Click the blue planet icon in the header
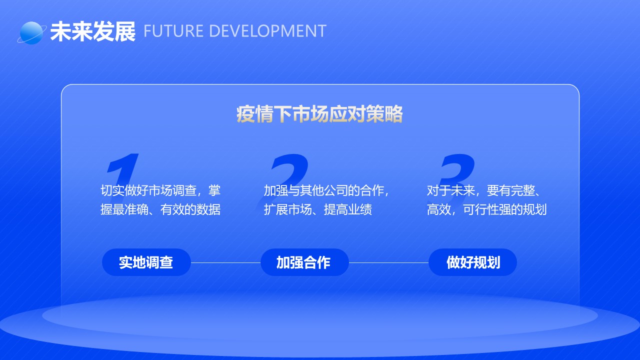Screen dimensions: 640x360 click(x=31, y=33)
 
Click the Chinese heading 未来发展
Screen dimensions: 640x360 click(x=93, y=31)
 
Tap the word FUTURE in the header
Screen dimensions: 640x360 click(x=173, y=31)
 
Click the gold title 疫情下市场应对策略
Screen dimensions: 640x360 click(x=319, y=114)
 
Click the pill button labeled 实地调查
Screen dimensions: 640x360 click(x=146, y=262)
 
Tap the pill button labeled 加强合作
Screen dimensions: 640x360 click(x=304, y=262)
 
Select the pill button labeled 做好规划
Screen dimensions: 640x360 click(x=472, y=262)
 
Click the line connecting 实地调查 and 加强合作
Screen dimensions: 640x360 click(x=225, y=262)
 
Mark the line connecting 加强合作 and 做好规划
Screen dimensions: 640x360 click(x=388, y=262)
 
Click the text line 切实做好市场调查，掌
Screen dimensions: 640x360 click(x=160, y=190)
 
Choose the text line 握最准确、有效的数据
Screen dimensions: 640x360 click(x=160, y=209)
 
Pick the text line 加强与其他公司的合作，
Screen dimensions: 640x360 click(x=326, y=190)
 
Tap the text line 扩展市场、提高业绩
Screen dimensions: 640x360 click(x=317, y=209)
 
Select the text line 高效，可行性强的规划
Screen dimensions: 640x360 click(x=486, y=209)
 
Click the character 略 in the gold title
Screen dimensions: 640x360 click(x=393, y=114)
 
